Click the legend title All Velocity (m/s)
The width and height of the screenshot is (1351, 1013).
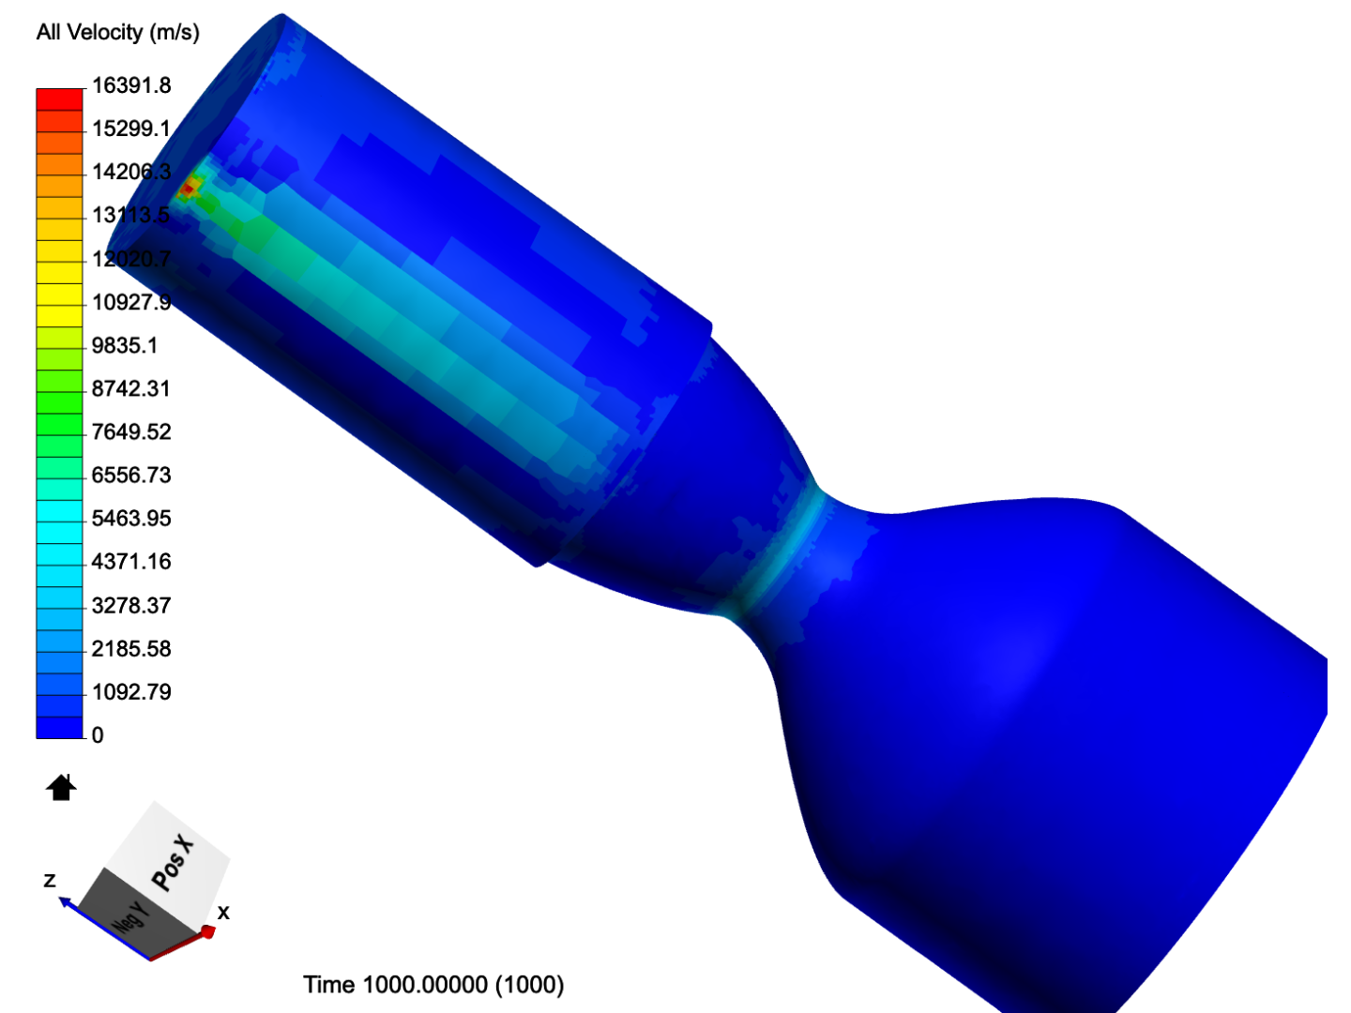point(117,32)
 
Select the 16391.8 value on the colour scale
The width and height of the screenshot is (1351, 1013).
point(131,84)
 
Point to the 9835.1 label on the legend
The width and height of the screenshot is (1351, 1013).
point(125,345)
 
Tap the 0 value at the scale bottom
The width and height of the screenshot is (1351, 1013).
point(98,735)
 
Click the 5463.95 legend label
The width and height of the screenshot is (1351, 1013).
point(131,518)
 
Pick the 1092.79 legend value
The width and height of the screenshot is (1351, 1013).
point(131,692)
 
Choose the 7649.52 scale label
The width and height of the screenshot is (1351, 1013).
point(131,431)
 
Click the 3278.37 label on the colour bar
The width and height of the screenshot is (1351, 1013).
point(131,605)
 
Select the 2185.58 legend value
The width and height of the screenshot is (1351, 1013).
point(131,648)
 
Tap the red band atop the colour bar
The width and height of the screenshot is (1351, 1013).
point(59,99)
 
